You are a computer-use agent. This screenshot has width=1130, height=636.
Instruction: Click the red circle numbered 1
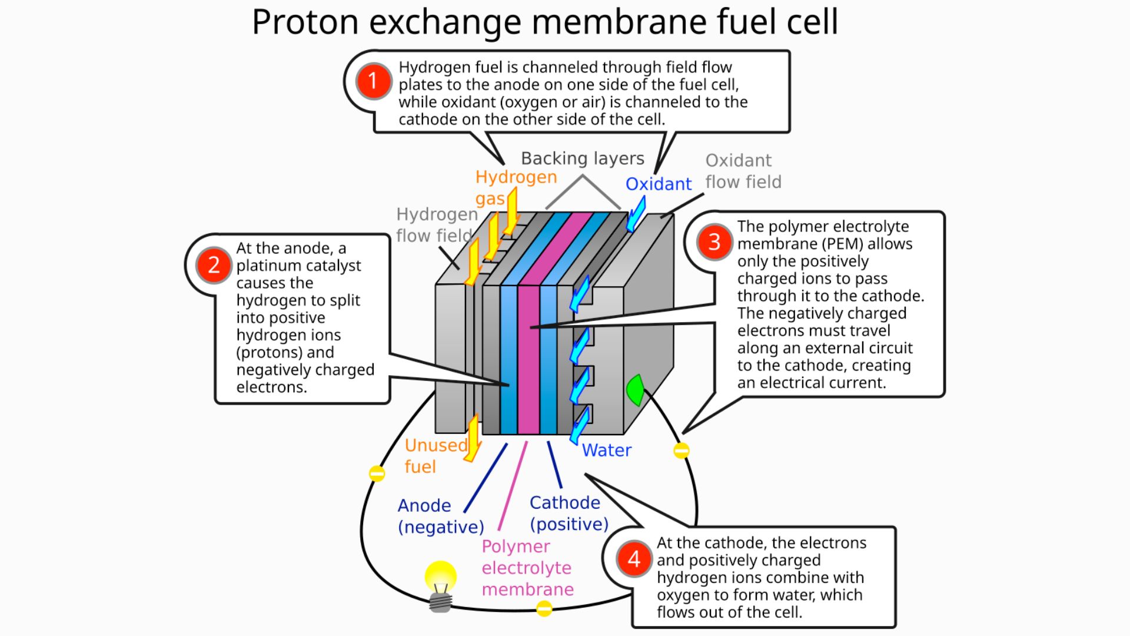click(x=373, y=81)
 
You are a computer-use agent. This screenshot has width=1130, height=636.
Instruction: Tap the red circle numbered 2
click(x=214, y=265)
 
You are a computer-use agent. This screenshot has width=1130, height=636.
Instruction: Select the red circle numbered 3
click(x=714, y=241)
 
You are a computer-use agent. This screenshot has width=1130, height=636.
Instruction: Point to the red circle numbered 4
click(x=634, y=558)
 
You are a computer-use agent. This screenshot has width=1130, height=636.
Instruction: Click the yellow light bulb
click(x=440, y=580)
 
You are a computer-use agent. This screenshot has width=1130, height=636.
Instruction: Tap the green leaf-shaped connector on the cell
click(x=635, y=389)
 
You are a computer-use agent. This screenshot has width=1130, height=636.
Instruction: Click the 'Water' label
click(x=606, y=450)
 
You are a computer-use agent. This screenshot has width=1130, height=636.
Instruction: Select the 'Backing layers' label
click(x=582, y=158)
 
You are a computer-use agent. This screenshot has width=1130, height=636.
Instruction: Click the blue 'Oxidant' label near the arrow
click(x=658, y=184)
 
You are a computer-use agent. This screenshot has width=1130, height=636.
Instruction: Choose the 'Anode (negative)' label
click(x=440, y=516)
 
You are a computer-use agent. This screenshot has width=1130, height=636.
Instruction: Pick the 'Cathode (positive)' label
click(x=569, y=513)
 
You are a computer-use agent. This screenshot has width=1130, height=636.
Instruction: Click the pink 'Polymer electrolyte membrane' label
click(x=527, y=568)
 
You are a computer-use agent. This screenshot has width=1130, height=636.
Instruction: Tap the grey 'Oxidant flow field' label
click(x=743, y=171)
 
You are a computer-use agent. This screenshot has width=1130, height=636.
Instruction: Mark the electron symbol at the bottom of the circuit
click(x=544, y=608)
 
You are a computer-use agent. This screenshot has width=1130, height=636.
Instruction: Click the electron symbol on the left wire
click(x=377, y=473)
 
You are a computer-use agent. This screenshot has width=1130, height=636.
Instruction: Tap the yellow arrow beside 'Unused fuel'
click(x=472, y=439)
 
